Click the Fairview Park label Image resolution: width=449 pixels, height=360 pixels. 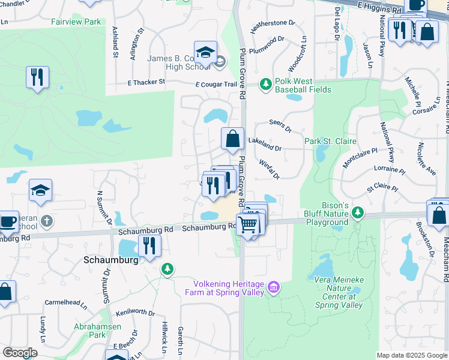coord(76,22)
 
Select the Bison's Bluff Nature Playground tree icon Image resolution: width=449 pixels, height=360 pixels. coord(358,212)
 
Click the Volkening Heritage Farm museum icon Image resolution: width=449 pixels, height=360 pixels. coord(274,288)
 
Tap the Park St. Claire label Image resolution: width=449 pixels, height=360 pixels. coord(330,141)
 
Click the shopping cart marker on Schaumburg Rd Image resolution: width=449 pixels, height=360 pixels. coord(248,225)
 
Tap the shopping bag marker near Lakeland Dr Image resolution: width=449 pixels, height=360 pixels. coord(232,139)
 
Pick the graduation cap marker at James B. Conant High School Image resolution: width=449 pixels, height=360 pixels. coord(205,52)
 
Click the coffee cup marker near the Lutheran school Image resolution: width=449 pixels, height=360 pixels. coord(8,221)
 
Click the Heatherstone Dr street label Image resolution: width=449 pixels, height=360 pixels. coord(273,25)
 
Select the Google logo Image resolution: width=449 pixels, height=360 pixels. coord(20,353)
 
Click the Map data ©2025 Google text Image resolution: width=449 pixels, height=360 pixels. coord(411,355)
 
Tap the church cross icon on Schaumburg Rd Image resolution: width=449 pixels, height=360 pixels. coord(46,221)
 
